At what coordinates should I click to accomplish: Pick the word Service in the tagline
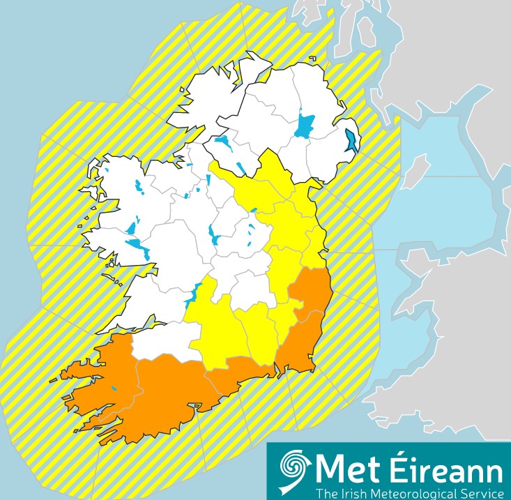tap(478, 493)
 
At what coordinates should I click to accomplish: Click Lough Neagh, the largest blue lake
tap(304, 126)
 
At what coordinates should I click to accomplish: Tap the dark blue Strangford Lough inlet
tap(351, 140)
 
